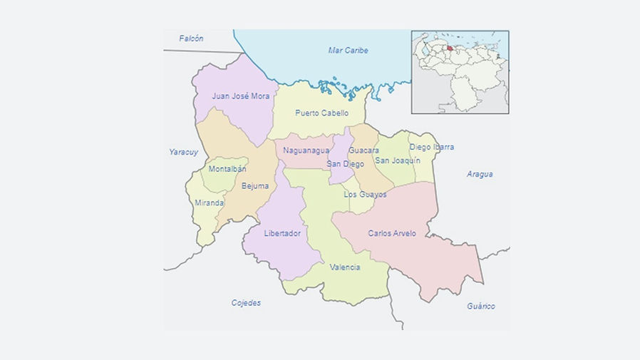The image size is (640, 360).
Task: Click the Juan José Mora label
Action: pyautogui.click(x=241, y=96)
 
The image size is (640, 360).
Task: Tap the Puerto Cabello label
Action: pyautogui.click(x=322, y=113)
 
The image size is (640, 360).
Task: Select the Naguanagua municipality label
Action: pyautogui.click(x=306, y=150)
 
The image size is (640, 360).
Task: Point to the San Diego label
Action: pyautogui.click(x=340, y=164)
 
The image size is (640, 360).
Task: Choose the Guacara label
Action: pyautogui.click(x=363, y=150)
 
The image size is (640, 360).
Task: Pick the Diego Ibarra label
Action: pyautogui.click(x=431, y=148)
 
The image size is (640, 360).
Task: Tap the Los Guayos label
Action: pyautogui.click(x=365, y=194)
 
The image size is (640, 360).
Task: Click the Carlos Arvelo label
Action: pyautogui.click(x=392, y=233)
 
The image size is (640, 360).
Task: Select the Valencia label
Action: pyautogui.click(x=345, y=267)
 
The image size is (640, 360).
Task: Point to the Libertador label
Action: pyautogui.click(x=282, y=233)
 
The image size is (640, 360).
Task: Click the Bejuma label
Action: pyautogui.click(x=255, y=186)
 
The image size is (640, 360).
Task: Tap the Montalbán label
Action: pyautogui.click(x=227, y=169)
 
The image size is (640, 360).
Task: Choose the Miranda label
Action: pyautogui.click(x=210, y=202)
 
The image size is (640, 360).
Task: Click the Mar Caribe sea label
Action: pyautogui.click(x=348, y=51)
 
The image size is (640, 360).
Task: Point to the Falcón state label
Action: pyautogui.click(x=192, y=38)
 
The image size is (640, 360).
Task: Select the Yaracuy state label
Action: pyautogui.click(x=183, y=152)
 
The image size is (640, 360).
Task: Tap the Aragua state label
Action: pyautogui.click(x=480, y=174)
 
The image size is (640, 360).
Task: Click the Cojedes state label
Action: pyautogui.click(x=246, y=303)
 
